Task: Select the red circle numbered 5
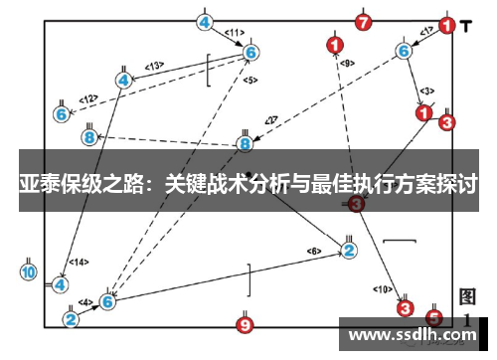point(433,317)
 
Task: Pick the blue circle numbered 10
point(28,271)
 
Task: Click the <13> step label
point(154,66)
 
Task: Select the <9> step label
point(346,63)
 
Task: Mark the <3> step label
point(426,90)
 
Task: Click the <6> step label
point(314,251)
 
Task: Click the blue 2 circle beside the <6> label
point(349,250)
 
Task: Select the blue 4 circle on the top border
point(205,22)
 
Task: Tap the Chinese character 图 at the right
point(468,296)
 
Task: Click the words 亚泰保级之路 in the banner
point(80,185)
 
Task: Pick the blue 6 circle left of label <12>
point(62,114)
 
